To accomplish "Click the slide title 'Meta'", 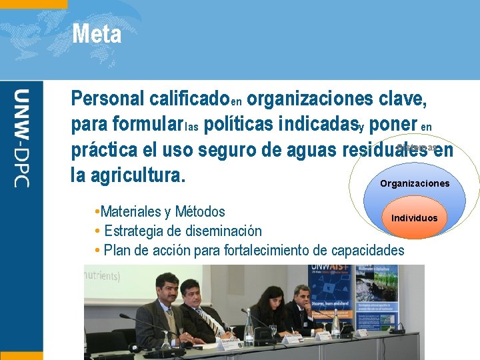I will tap(97, 34).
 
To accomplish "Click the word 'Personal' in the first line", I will tap(107, 99).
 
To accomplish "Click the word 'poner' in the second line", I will tap(391, 125).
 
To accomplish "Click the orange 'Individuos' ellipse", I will tap(414, 218).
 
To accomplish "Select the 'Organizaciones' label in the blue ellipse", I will tap(414, 183).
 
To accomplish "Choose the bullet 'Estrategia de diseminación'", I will tap(183, 231).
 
